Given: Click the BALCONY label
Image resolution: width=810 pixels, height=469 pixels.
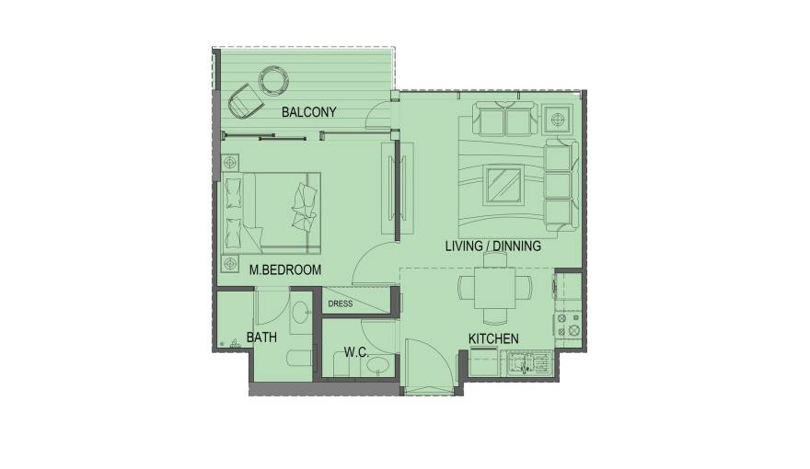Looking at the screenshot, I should click(308, 112).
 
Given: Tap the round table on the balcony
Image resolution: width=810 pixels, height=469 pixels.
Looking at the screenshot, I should click(273, 81).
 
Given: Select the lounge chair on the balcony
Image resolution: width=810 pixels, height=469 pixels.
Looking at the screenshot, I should click(244, 100).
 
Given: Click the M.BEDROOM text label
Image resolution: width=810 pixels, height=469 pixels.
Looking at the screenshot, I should click(285, 269).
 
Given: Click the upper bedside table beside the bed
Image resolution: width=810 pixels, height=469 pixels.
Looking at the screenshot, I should click(229, 161).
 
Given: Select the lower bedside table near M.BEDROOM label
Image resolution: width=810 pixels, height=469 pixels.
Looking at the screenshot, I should click(229, 264).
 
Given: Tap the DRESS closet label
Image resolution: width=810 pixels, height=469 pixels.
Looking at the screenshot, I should click(341, 303).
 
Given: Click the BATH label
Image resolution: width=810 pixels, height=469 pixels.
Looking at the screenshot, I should click(261, 337).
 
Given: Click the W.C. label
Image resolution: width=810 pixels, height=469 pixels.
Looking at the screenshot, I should click(356, 351).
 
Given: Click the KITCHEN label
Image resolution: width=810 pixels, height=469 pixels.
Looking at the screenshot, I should click(493, 339).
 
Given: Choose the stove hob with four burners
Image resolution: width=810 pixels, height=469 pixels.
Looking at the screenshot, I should click(567, 324).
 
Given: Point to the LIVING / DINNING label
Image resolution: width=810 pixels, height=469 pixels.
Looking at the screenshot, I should click(492, 246).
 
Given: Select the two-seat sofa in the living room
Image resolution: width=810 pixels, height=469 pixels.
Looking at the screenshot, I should click(505, 120).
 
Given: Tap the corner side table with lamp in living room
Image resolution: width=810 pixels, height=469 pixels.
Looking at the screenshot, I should click(559, 120).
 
